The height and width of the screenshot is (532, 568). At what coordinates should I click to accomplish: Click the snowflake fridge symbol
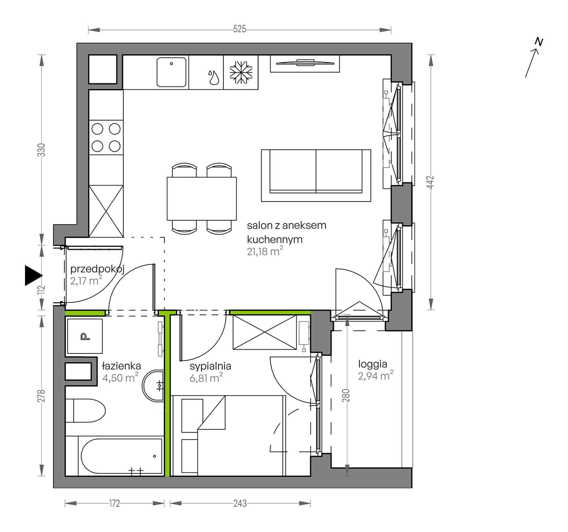pos(241,73)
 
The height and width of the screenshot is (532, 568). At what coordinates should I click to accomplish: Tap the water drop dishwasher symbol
pos(214,77)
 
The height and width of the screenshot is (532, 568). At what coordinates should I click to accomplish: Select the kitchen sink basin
pos(171,72)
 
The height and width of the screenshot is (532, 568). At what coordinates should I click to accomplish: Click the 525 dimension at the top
pos(239,29)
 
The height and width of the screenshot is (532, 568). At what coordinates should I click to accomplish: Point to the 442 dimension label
pos(430,182)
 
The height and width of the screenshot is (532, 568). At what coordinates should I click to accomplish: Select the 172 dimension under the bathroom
pos(114,504)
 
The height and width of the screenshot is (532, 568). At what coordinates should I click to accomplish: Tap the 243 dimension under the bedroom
pos(240,504)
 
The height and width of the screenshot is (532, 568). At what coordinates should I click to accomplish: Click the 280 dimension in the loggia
pos(346,395)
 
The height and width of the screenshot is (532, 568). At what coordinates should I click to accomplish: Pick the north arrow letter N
pos(539,42)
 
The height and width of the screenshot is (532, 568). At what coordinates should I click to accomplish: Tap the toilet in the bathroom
pos(85,411)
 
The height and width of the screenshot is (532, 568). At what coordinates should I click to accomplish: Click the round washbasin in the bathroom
pos(153,386)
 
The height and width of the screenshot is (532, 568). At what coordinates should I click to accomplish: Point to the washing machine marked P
pos(85,336)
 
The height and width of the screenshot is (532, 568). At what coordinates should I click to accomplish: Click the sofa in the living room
pos(316,176)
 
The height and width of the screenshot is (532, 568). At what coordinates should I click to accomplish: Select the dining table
pos(202,199)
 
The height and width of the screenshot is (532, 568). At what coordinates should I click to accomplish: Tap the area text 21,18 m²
pos(265,251)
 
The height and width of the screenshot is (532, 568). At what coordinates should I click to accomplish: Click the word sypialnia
pos(210,366)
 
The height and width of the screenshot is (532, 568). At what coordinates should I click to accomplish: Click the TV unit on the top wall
pos(305,63)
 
